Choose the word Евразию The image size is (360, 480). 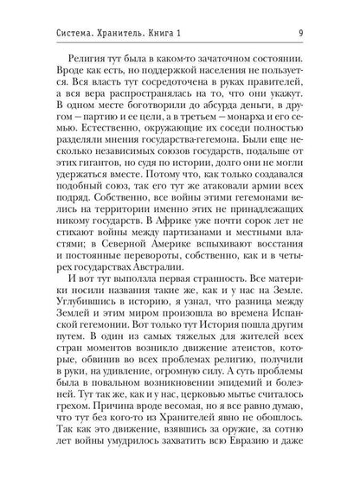260,470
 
